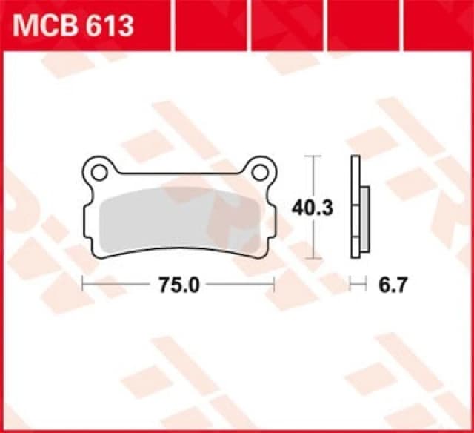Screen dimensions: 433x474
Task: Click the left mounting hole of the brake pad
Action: [x=99, y=172]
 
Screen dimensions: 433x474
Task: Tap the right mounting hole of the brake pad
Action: [x=259, y=172]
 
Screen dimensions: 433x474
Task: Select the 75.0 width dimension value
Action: [x=178, y=283]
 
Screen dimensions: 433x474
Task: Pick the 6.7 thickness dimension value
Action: [x=390, y=283]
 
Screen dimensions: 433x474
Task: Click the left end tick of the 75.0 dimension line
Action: [x=82, y=283]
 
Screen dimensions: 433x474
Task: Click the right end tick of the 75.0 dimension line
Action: [x=275, y=283]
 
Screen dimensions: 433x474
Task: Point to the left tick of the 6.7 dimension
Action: [x=352, y=283]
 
